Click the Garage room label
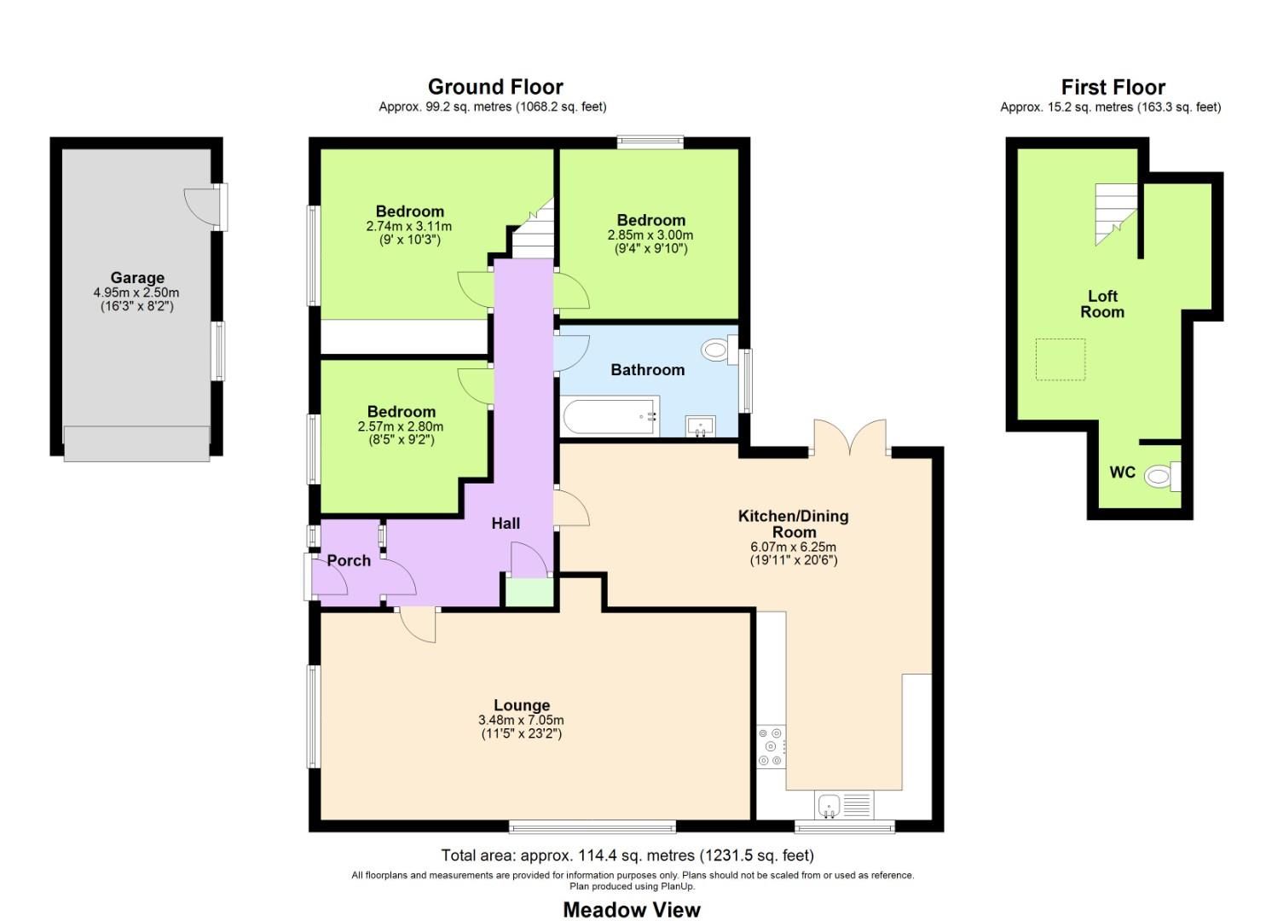(x=137, y=278)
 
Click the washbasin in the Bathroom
(x=701, y=426)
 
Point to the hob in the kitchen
(x=771, y=746)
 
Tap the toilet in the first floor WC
(x=1159, y=476)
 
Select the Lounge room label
(x=522, y=705)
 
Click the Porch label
(x=349, y=560)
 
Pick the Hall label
(x=506, y=524)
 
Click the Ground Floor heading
(x=495, y=87)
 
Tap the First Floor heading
(x=1113, y=87)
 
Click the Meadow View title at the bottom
(x=632, y=910)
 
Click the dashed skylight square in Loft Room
(x=1061, y=359)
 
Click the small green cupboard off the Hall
(x=529, y=592)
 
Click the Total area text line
(x=627, y=855)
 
